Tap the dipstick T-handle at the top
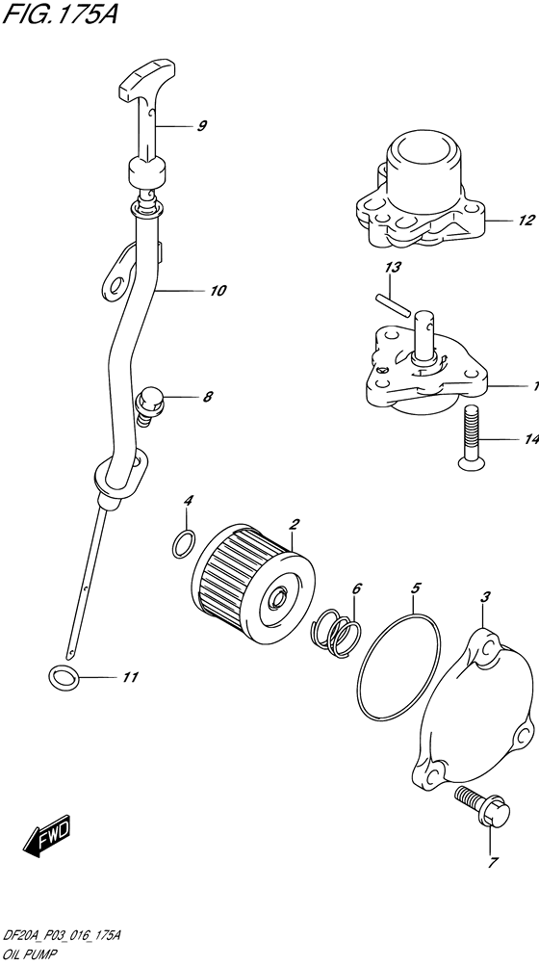(x=146, y=81)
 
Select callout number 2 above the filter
(x=295, y=524)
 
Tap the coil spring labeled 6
(x=337, y=632)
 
